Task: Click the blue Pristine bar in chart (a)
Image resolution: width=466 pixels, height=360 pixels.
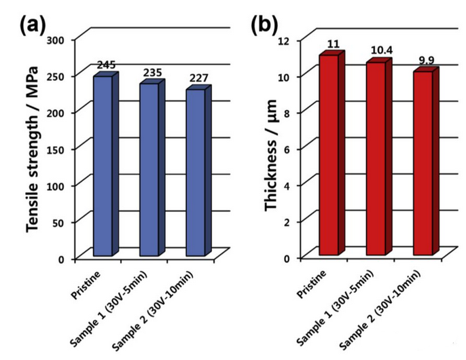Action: coord(103,166)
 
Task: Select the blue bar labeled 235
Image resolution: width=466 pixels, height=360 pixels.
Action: coord(149,169)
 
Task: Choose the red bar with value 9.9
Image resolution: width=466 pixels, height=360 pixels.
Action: coord(422,162)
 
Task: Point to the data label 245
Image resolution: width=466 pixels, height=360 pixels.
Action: coord(107,65)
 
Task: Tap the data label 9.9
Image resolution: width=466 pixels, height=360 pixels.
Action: coord(427,60)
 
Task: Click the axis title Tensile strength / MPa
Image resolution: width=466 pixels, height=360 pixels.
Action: coord(33,149)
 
